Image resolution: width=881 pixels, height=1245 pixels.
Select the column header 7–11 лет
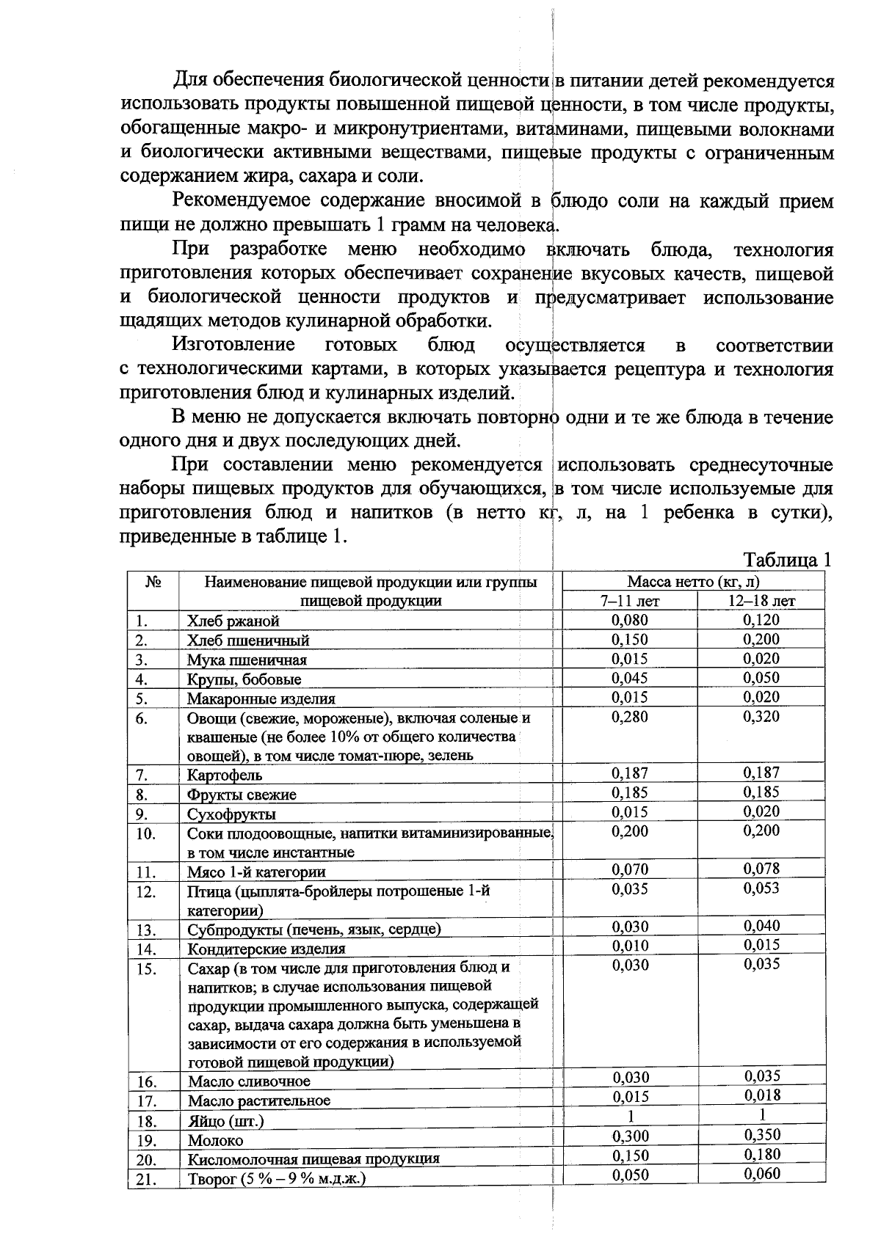tap(630, 601)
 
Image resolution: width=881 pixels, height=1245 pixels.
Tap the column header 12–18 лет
tap(761, 601)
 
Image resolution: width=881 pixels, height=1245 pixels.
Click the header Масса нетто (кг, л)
tap(693, 582)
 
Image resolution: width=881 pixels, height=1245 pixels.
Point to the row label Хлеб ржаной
tap(233, 621)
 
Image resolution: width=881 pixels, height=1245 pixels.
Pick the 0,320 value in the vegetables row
tap(761, 717)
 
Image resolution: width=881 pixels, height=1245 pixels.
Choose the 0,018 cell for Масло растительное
tap(761, 1095)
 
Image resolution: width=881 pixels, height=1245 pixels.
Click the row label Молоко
tap(215, 1141)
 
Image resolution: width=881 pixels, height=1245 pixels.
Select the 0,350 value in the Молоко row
tap(761, 1135)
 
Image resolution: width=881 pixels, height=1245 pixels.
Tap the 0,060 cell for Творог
tap(761, 1174)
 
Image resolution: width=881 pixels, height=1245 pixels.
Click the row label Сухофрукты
tap(231, 814)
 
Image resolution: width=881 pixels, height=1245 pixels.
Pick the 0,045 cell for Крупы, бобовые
tap(630, 678)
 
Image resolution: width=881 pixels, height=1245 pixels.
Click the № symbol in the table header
tap(153, 583)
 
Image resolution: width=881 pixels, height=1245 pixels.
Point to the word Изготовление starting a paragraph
tap(233, 345)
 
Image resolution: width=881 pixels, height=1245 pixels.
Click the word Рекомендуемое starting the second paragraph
tap(241, 201)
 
